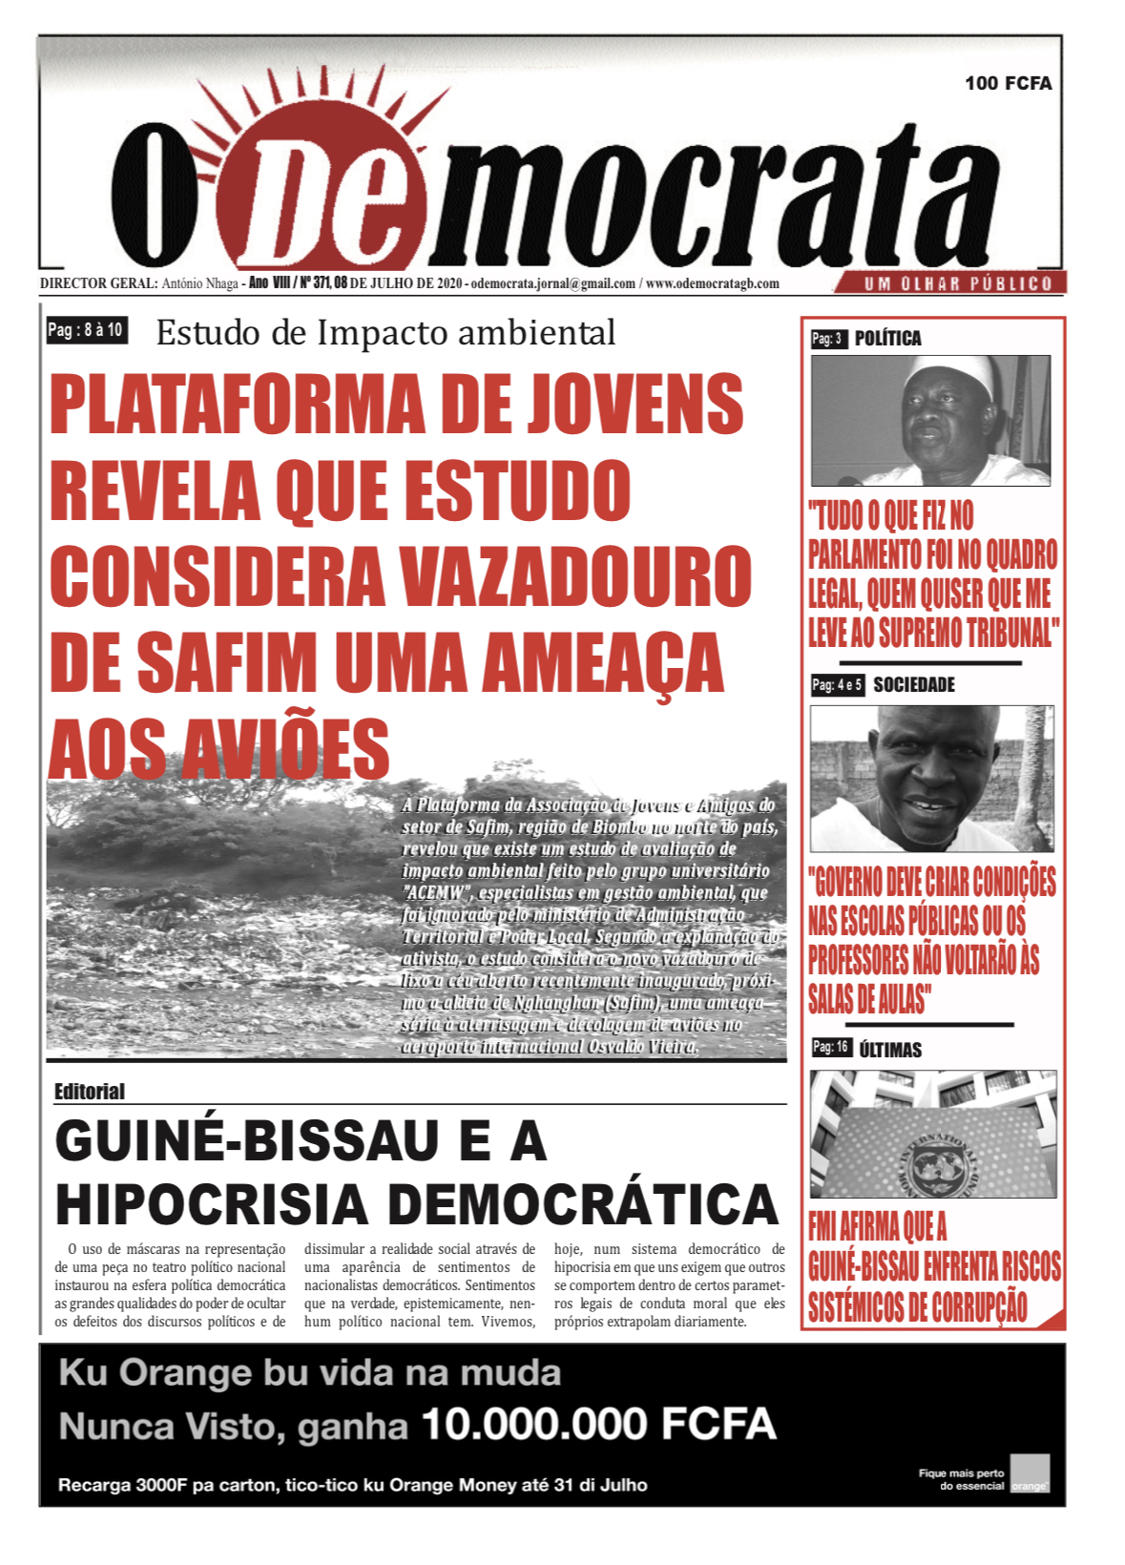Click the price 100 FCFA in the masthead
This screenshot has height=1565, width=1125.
tap(1008, 83)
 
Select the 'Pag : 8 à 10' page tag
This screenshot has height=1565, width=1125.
tap(86, 330)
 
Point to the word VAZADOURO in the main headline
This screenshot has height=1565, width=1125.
tap(575, 577)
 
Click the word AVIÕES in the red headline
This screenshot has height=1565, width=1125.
tap(285, 749)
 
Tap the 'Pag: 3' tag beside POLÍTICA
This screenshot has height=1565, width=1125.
tap(827, 339)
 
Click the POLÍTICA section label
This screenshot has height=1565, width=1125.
tap(887, 339)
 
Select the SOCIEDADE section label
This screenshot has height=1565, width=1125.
tap(913, 685)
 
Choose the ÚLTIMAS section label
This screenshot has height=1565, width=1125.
tap(889, 1050)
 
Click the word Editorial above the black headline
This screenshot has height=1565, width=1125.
tap(90, 1091)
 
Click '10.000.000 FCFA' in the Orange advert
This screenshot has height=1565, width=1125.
tap(598, 1425)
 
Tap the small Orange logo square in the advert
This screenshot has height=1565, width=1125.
tap(1030, 1472)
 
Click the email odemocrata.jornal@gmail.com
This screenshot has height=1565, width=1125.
tap(552, 283)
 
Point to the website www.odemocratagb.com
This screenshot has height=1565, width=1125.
tap(713, 283)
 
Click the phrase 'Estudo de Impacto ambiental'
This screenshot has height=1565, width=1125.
tap(385, 333)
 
